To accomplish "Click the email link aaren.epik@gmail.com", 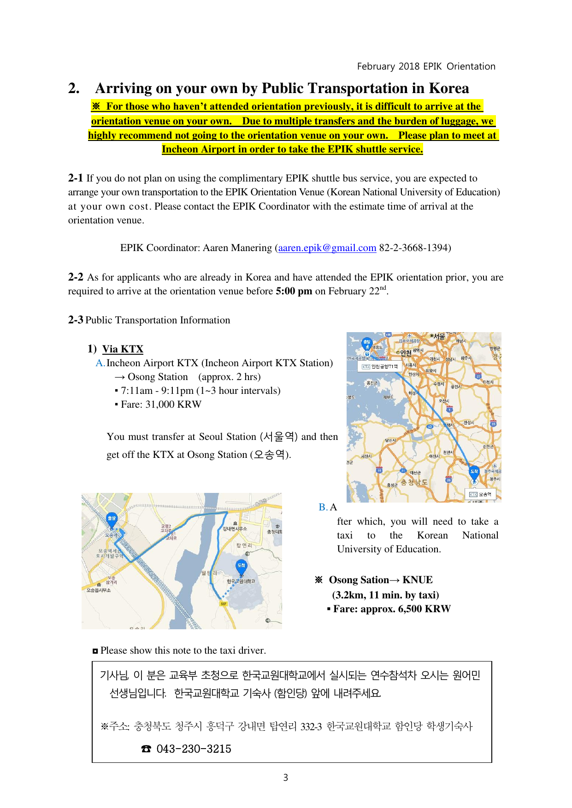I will point(327,248).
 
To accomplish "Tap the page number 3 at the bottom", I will point(286,778).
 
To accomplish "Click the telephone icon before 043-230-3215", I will point(146,749).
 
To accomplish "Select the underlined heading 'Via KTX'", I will point(123,349).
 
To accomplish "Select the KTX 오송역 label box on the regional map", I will point(481,494).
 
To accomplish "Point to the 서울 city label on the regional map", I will point(438,336).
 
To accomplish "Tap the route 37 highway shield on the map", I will point(478,376).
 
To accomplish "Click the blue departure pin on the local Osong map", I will point(112,519).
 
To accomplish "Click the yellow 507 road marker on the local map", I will point(224,603).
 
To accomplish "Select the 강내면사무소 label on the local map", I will point(235,529).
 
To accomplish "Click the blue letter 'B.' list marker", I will point(323,507).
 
